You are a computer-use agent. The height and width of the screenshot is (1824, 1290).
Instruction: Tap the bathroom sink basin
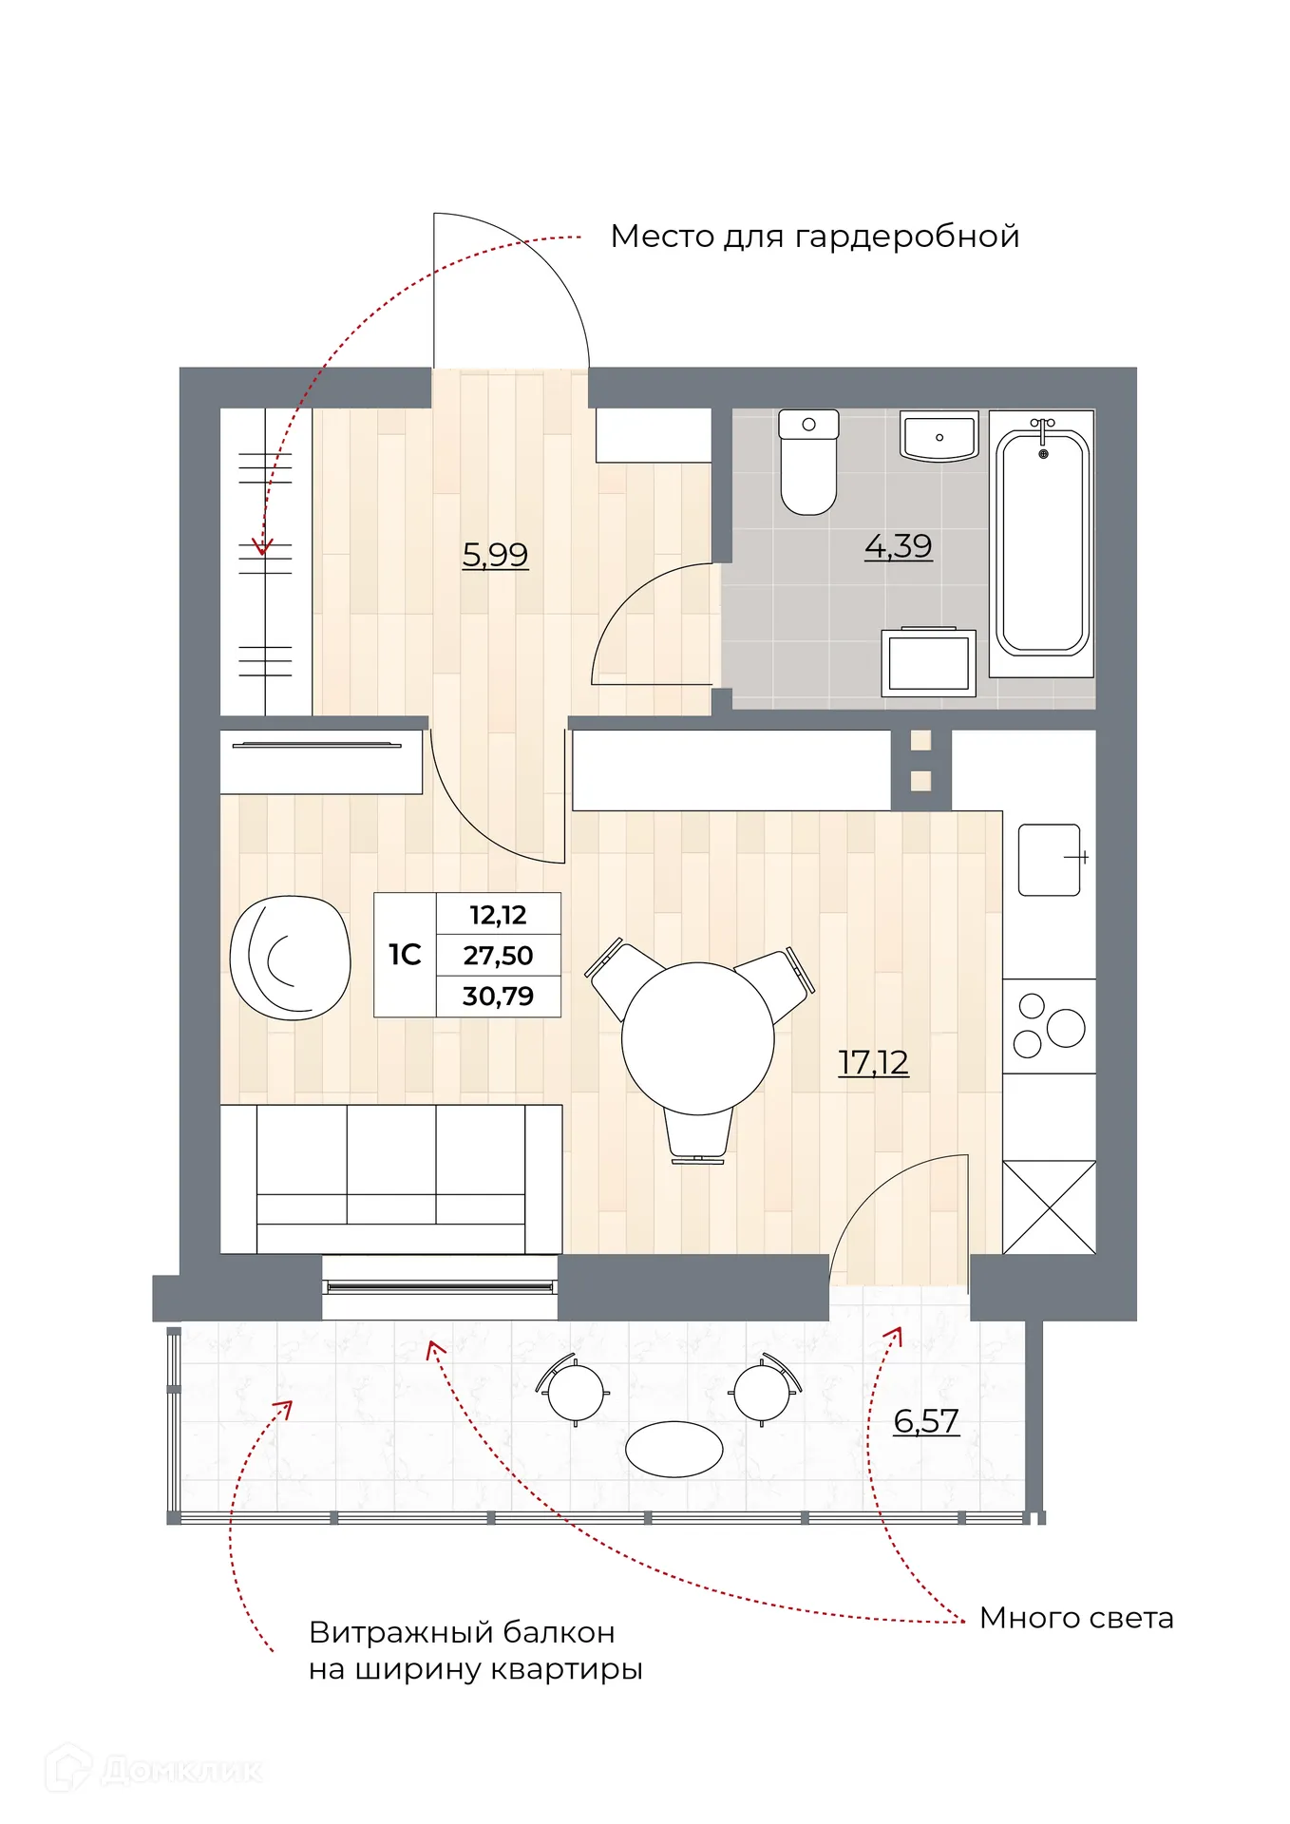[x=939, y=438]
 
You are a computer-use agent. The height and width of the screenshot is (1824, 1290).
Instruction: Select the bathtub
[x=1042, y=543]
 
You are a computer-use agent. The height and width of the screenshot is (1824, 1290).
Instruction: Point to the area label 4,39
[x=898, y=546]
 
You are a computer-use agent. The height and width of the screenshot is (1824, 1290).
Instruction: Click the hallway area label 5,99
[x=495, y=554]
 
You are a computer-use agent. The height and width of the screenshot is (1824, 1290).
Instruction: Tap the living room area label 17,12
[x=873, y=1062]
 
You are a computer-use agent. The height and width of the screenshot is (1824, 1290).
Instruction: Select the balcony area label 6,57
[x=926, y=1421]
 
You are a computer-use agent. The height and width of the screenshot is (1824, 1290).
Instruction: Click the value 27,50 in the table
[x=498, y=956]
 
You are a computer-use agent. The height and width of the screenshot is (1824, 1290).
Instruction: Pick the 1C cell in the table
[x=405, y=955]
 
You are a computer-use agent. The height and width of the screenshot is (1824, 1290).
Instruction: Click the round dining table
[x=697, y=1038]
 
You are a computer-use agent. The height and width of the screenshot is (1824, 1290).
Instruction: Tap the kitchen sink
[x=1049, y=860]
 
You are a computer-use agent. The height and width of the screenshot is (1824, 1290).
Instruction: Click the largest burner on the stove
[x=1066, y=1028]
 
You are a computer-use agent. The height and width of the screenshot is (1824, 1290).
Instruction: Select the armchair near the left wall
[x=290, y=958]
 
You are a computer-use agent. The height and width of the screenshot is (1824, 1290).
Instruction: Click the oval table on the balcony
[x=673, y=1449]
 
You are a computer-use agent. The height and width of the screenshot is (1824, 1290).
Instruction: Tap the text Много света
[x=1076, y=1618]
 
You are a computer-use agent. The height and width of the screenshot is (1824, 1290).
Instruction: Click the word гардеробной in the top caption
[x=906, y=236]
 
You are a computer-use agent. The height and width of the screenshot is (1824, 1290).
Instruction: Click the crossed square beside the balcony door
[x=1049, y=1207]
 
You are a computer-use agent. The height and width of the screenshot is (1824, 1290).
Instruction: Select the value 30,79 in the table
[x=498, y=997]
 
